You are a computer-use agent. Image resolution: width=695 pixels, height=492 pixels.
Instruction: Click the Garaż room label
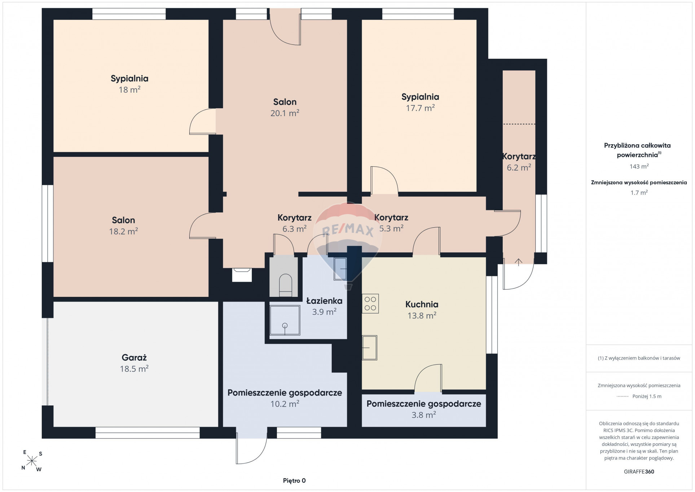tap(134, 357)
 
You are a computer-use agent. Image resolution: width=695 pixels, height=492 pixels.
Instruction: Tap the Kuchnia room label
tap(422, 304)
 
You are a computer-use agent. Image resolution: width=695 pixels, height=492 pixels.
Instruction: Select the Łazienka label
tap(324, 301)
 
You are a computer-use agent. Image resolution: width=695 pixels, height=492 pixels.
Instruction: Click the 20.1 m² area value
tap(285, 113)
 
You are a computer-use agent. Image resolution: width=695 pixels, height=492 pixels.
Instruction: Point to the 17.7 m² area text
tap(420, 108)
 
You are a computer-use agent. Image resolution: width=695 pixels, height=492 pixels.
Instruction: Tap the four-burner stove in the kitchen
tap(370, 303)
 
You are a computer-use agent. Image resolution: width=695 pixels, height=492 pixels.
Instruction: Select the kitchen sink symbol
tap(370, 348)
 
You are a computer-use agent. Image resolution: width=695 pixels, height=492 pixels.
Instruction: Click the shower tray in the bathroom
tap(285, 320)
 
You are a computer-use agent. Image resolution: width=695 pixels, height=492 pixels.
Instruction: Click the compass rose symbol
tap(32, 461)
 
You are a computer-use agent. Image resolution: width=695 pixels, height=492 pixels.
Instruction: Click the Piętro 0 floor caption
tap(294, 480)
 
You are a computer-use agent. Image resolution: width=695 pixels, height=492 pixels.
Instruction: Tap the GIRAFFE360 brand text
tap(639, 471)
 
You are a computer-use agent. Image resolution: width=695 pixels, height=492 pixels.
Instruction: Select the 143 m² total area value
tap(639, 166)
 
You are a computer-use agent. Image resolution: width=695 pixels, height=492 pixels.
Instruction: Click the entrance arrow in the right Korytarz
tap(519, 262)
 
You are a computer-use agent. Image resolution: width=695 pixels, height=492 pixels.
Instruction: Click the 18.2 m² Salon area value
tap(124, 231)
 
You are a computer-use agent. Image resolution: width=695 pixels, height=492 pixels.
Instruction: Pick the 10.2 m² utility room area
tap(285, 404)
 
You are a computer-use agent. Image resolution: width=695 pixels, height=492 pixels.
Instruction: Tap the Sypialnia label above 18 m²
tap(129, 79)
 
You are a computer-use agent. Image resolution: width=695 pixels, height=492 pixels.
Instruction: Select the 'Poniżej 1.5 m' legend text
tap(647, 396)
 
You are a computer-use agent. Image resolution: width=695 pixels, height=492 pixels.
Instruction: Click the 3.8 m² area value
tap(424, 415)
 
